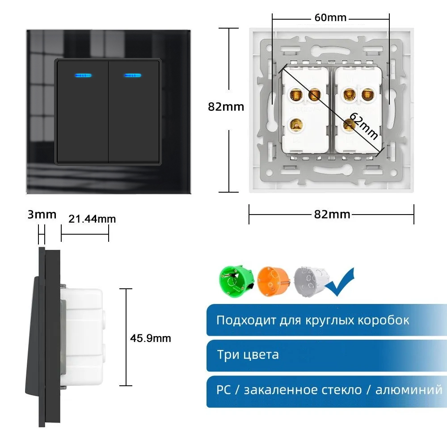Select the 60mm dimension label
tap(330, 18)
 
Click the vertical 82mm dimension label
tap(226, 107)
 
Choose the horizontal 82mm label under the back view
tap(332, 214)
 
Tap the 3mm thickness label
tap(42, 214)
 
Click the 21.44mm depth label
tap(92, 219)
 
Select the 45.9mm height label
tap(151, 338)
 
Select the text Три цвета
tap(248, 355)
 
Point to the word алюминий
tap(409, 390)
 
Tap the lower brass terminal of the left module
tap(296, 125)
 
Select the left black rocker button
tap(82, 112)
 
